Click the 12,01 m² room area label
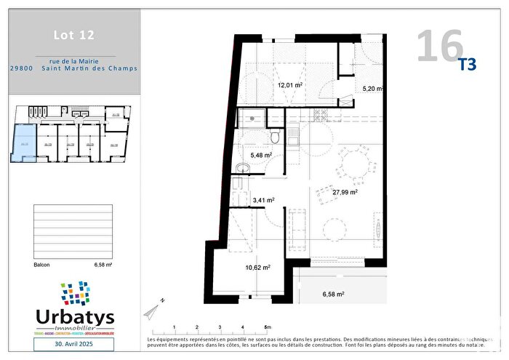[x=289, y=85]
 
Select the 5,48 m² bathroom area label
[x=261, y=155]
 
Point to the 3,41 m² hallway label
[x=263, y=200]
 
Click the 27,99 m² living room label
[x=345, y=193]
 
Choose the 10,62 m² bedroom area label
[x=258, y=267]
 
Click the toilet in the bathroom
[x=275, y=137]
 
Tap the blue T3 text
[x=467, y=65]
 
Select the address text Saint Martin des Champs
[x=94, y=69]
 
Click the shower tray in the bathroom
[x=252, y=117]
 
